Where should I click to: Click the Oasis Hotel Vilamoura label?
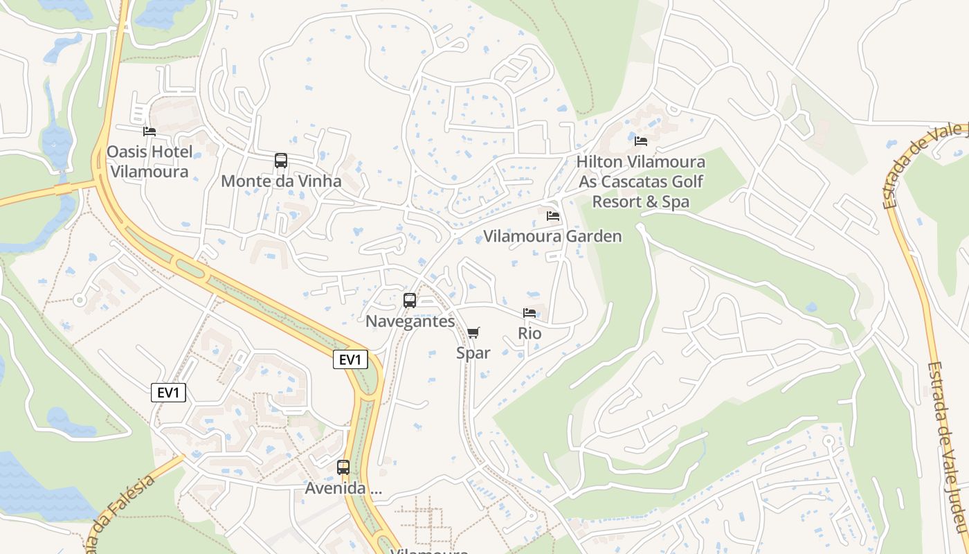coord(150,161)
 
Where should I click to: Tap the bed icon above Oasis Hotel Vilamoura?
coord(150,131)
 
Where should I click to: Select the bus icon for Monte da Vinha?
coord(280,161)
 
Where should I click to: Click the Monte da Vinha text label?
coord(281,181)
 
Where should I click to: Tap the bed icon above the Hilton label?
coord(641,141)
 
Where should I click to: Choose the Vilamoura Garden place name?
coord(552,236)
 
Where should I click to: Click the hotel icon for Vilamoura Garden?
coord(552,215)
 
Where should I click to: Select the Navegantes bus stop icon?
coord(410,301)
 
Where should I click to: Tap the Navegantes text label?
coord(410,321)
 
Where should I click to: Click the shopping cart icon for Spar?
coord(473,333)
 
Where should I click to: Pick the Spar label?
coord(473,353)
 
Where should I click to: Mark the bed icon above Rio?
coord(529,313)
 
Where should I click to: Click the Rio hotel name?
coord(529,333)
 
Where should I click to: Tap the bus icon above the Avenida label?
coord(343,467)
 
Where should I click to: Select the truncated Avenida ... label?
coord(343,488)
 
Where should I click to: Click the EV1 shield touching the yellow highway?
coord(350,359)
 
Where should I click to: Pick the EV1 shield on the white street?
coord(168,393)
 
